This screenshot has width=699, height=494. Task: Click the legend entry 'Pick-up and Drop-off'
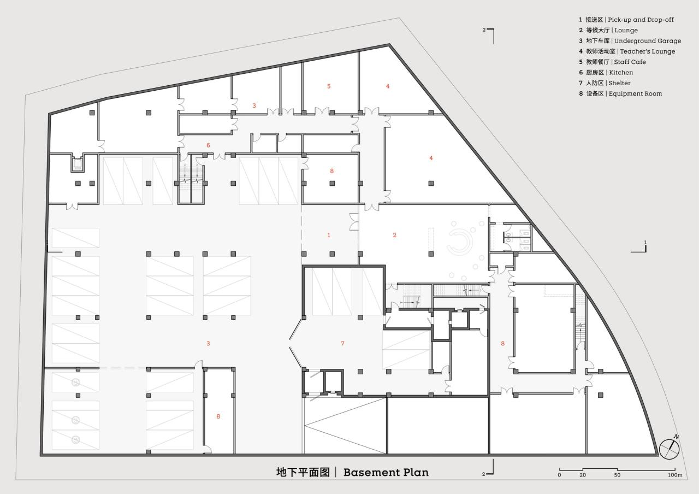(630, 20)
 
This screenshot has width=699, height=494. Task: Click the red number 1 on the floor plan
(329, 235)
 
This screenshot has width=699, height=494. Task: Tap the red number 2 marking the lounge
(394, 235)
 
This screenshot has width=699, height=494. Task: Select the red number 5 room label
(329, 86)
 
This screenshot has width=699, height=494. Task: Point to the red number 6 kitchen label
(208, 145)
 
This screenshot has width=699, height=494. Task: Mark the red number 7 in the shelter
(342, 343)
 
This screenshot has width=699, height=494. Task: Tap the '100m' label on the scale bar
(675, 475)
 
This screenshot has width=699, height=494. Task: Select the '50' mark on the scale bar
(617, 475)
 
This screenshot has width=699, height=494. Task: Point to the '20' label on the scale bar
(583, 475)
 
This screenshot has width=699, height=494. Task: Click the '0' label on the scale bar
(559, 475)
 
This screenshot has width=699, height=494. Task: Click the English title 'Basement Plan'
(386, 472)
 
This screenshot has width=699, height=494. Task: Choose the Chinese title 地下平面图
(303, 472)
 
